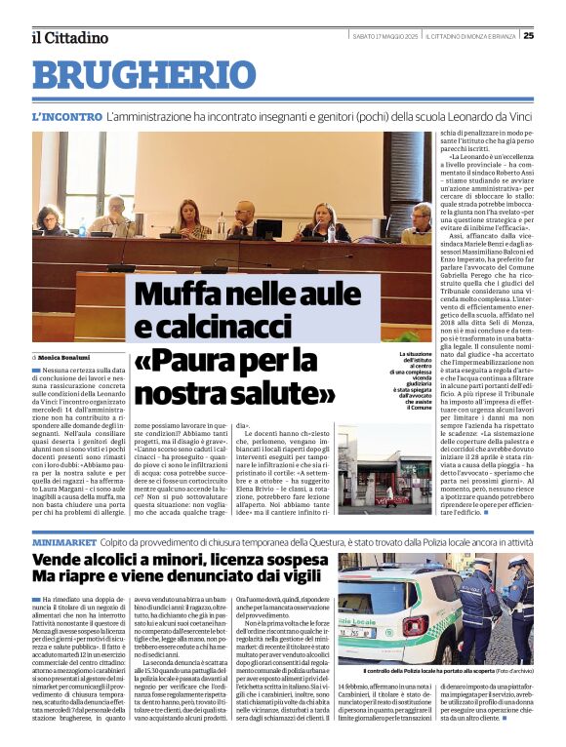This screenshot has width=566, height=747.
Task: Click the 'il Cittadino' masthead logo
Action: pos(68,37)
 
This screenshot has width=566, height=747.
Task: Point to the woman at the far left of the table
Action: pos(46,218)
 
